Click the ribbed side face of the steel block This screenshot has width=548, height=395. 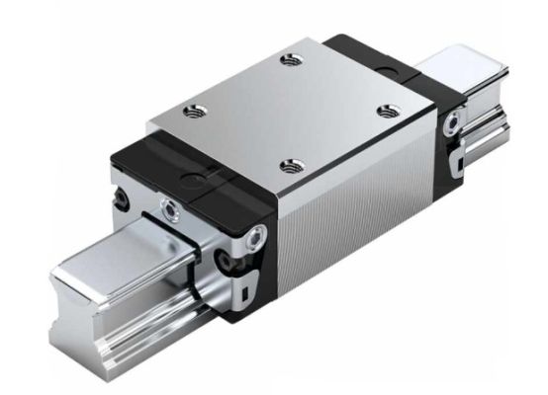click(356, 217)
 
